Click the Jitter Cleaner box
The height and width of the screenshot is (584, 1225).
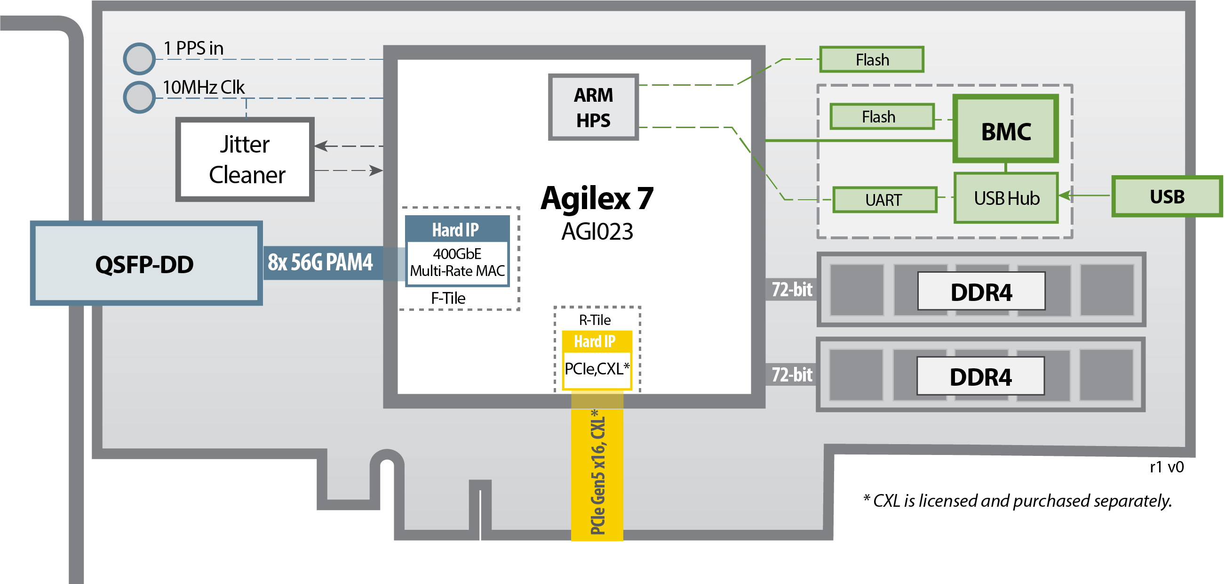coord(245,160)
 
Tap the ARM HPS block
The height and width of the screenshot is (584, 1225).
coord(593,107)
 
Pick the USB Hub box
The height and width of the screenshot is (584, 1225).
coord(1006,198)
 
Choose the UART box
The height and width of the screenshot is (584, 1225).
coord(884,200)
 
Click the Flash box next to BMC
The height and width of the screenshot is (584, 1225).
coord(882,117)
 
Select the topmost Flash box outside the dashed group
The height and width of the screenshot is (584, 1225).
coord(872,59)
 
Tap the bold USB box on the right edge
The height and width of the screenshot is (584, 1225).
coord(1167,196)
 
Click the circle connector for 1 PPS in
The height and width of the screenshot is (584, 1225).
coord(139,58)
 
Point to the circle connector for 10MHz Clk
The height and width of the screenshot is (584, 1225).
coord(139,97)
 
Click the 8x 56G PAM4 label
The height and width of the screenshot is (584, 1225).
coord(320,262)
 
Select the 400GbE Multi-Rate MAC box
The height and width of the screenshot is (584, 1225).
coord(457,262)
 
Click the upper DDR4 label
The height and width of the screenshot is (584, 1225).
coord(981,292)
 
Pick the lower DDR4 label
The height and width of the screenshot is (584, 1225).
coord(980,376)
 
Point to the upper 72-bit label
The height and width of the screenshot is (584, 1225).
coord(791,289)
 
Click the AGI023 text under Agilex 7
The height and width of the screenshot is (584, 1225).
coord(597,232)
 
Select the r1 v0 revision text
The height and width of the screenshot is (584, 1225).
coord(1166,467)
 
